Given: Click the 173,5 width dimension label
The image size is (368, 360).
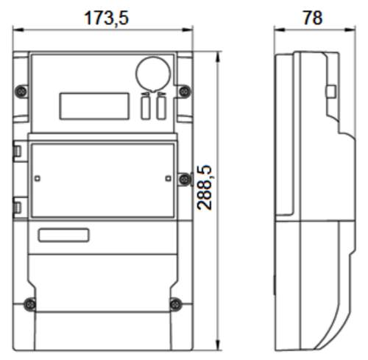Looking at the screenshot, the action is (x=106, y=18).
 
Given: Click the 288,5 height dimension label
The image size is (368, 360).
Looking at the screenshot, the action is (x=205, y=188).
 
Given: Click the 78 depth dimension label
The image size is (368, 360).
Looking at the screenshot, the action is (x=313, y=18).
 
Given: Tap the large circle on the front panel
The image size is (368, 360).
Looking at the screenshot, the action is (x=153, y=74).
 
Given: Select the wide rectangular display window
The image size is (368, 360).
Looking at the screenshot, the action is (x=94, y=106).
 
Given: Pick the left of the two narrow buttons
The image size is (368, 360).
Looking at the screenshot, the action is (x=146, y=107).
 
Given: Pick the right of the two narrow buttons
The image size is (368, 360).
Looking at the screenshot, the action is (x=161, y=107).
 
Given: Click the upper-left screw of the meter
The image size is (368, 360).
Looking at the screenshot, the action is (x=21, y=91).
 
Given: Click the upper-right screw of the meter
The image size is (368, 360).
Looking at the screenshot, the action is (x=185, y=91).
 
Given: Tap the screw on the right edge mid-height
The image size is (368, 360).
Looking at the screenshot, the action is (x=184, y=179).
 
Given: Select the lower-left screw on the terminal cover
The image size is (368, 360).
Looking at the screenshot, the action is (x=30, y=305).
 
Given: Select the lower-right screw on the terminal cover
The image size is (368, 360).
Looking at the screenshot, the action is (x=176, y=305).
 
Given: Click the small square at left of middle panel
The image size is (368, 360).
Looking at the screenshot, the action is (x=38, y=178).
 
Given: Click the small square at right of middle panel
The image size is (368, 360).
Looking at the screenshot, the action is (x=169, y=178).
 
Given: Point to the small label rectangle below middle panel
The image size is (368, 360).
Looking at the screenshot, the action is (x=63, y=235).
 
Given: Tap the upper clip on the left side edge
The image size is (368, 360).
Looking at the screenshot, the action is (x=17, y=151).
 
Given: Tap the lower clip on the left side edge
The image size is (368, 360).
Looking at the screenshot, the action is (x=17, y=208).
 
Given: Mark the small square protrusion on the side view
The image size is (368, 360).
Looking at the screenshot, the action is (x=331, y=92).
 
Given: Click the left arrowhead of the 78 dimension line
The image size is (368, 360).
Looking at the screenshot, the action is (x=280, y=29).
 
